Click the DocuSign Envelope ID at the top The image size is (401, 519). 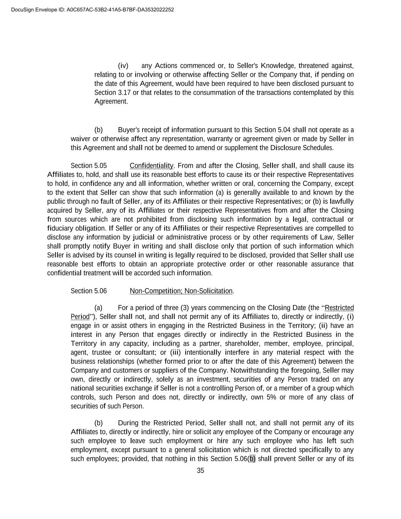tap(92, 10)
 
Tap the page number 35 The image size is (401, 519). tap(200, 471)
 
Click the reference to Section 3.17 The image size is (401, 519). tap(113, 92)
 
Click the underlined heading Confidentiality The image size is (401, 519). tap(151, 166)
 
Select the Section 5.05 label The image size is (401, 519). tap(89, 166)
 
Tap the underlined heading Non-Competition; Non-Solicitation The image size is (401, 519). tap(181, 291)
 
